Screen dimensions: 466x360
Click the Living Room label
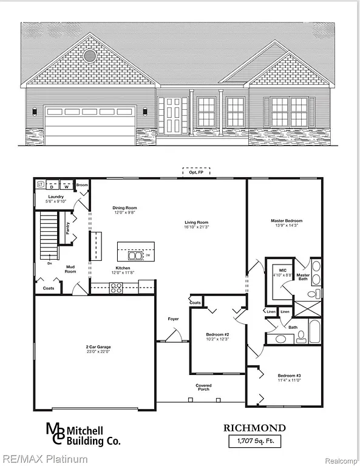[x=197, y=223]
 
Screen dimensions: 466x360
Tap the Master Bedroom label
[x=286, y=221]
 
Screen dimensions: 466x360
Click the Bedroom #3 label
[x=290, y=375]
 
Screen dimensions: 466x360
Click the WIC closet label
[x=282, y=269]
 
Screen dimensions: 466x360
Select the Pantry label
[x=67, y=228]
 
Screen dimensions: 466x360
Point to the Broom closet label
[x=82, y=184]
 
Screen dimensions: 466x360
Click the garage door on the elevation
[x=90, y=125]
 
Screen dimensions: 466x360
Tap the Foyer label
[x=174, y=319]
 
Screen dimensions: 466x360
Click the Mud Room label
[x=70, y=269]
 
